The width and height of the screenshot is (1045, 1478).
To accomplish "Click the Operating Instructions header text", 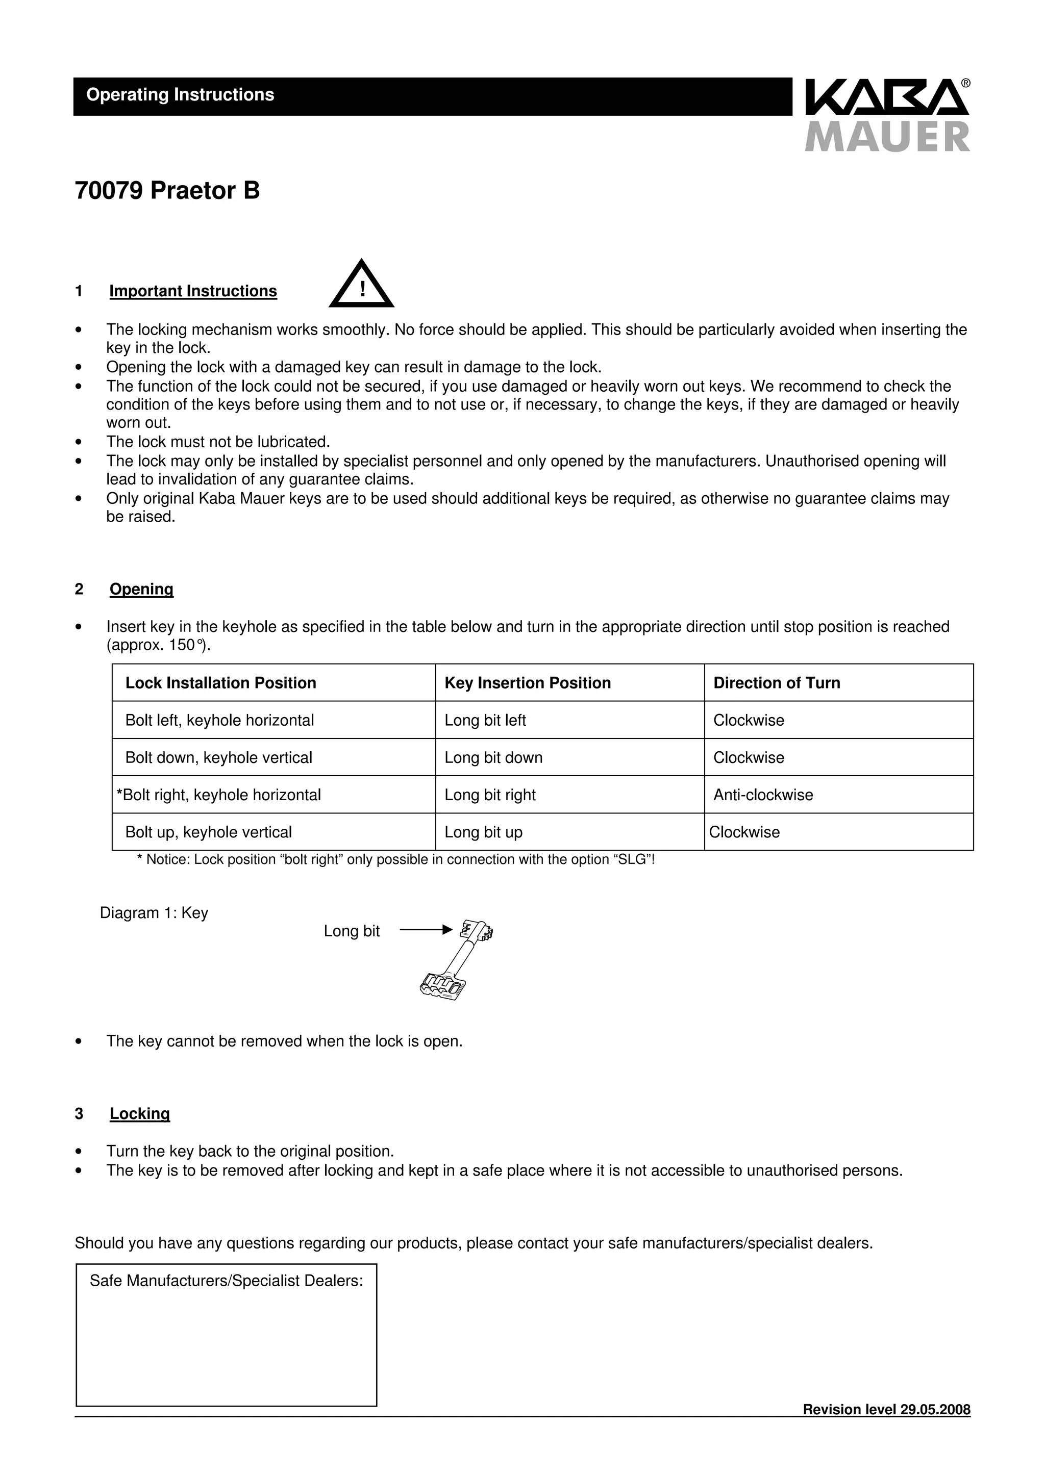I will (x=180, y=95).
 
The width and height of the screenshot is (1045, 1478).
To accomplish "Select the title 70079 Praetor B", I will (x=167, y=191).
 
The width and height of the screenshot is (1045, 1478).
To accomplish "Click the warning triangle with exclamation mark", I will (x=361, y=285).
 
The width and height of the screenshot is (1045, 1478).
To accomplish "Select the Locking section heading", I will (x=140, y=1114).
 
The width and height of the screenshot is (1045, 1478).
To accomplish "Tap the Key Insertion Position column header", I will (x=527, y=683).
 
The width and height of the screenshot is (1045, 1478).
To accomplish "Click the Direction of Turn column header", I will (x=777, y=683).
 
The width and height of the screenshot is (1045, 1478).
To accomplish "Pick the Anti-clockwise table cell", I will (x=763, y=795).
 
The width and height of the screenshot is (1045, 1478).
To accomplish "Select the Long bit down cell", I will (x=493, y=758).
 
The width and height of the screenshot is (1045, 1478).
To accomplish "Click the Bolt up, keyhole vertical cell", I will (x=209, y=832).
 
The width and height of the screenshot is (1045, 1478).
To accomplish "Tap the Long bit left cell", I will (x=485, y=720).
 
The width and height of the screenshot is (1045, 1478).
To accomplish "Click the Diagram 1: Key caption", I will (x=154, y=913).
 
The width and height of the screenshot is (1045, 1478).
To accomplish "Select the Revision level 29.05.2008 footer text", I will (x=886, y=1410).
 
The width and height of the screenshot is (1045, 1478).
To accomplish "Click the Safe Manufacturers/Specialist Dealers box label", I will (x=226, y=1281).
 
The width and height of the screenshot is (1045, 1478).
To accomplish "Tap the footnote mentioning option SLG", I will (x=395, y=860).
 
